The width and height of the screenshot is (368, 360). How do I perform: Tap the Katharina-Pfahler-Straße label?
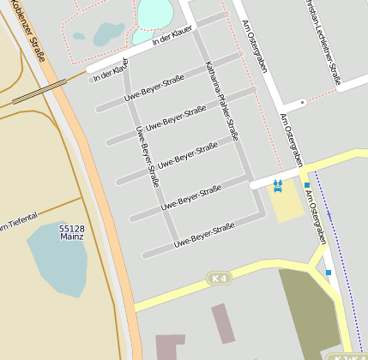point(221,101)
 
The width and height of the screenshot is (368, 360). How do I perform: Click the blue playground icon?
point(277,185)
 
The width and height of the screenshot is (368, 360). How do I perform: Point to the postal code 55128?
point(72,229)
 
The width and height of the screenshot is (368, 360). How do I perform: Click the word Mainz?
point(72,237)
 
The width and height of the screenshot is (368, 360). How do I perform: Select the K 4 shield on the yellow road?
point(219,279)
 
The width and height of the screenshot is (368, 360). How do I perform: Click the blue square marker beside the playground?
point(307,184)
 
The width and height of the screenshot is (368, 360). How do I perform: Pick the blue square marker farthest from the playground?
point(329,273)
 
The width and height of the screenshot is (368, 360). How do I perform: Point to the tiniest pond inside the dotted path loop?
point(79,37)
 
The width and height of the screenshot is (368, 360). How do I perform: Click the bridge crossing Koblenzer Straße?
point(39,92)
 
